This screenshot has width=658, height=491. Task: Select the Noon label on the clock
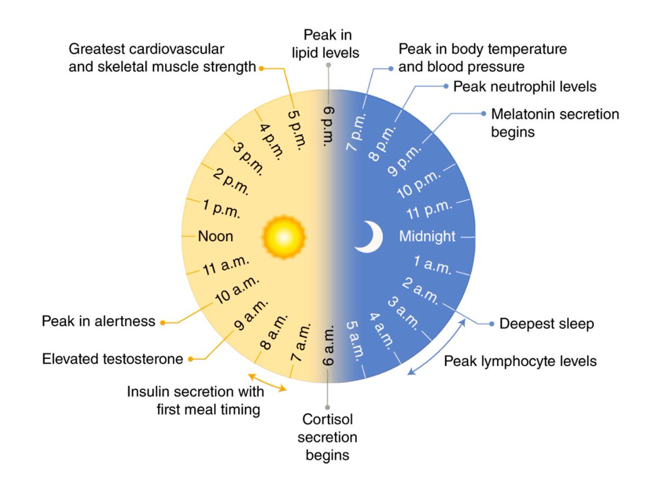[215, 237]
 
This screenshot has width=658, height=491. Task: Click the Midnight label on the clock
[427, 237]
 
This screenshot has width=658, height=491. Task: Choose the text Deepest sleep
[546, 324]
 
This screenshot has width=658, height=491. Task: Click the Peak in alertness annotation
[99, 321]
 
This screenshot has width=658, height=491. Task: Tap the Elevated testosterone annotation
[112, 359]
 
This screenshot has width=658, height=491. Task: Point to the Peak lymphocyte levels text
[520, 362]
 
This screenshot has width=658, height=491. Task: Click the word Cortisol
[328, 420]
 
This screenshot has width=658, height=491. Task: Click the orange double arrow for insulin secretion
[267, 382]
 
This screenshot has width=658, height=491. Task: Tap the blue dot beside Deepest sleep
[491, 323]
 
